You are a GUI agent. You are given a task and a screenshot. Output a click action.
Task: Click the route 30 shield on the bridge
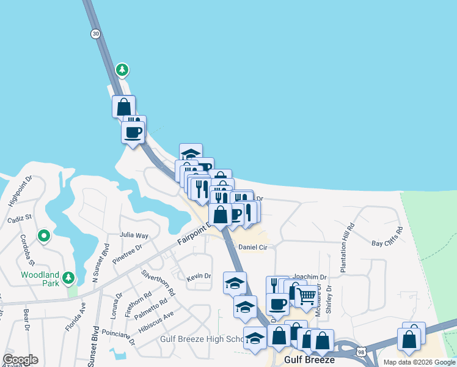[x=95, y=34]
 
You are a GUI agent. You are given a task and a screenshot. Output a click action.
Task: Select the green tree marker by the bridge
[x=123, y=70]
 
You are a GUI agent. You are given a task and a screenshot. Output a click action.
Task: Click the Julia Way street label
[x=134, y=235]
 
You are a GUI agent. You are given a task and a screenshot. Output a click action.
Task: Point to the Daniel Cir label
[x=253, y=247]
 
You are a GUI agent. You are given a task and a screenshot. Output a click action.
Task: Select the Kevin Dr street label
[x=199, y=276]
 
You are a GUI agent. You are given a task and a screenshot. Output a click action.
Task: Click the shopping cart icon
[x=307, y=297]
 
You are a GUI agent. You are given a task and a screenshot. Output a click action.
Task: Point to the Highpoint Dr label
[x=19, y=190]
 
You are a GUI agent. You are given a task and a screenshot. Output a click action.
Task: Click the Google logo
[x=21, y=359]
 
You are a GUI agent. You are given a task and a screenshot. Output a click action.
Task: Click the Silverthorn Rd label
[x=158, y=283]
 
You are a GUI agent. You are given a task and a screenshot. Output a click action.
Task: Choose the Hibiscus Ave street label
[x=156, y=322]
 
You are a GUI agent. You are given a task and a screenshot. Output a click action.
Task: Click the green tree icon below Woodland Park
[x=69, y=279]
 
